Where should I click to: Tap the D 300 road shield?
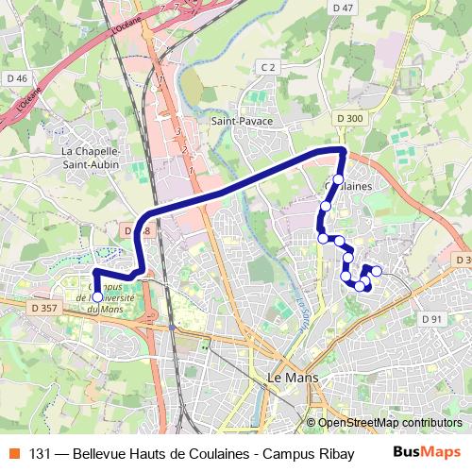(x=347, y=117)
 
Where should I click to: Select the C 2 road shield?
(x=268, y=67)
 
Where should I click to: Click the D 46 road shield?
(x=16, y=78)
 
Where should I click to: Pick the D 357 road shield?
(x=43, y=307)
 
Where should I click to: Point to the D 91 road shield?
(x=430, y=319)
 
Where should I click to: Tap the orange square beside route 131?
(x=13, y=453)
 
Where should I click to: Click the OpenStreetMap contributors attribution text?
(x=390, y=423)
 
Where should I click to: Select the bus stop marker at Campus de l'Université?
(x=96, y=296)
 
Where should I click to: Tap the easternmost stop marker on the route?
(x=377, y=271)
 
